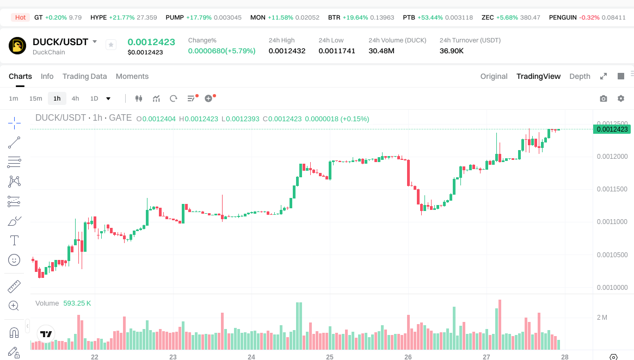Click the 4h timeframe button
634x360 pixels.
tap(75, 98)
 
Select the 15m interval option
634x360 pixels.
tap(35, 98)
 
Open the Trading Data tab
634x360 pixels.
tap(84, 76)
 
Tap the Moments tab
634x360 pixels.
tap(132, 76)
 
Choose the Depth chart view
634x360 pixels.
tap(580, 76)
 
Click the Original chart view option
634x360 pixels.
tap(494, 76)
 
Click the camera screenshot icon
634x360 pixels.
tap(603, 98)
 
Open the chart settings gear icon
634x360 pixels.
tap(620, 98)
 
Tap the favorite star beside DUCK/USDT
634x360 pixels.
tap(111, 45)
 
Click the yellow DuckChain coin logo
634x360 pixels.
tap(17, 46)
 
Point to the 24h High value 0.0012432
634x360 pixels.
tap(287, 51)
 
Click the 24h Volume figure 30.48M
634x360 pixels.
tap(381, 51)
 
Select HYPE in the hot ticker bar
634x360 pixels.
tap(99, 17)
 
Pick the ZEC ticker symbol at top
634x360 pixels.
tap(488, 17)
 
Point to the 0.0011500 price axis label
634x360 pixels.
tap(612, 189)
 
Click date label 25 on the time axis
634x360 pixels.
tap(330, 357)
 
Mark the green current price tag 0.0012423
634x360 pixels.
tap(612, 129)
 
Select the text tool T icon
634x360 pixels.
tap(15, 240)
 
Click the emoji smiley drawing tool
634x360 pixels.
tap(15, 260)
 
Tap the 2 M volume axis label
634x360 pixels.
tap(602, 317)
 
